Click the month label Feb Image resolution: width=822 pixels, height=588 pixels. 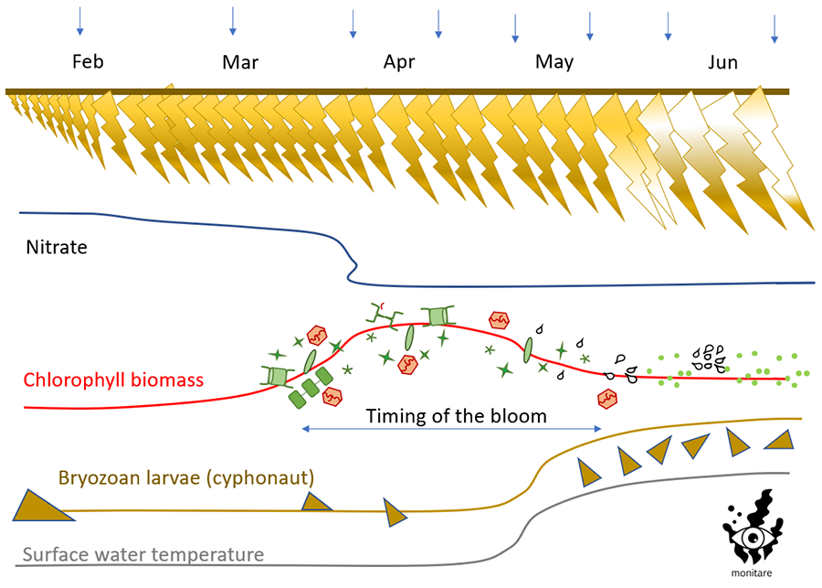pos(88,62)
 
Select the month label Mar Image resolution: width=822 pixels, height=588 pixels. pos(241,62)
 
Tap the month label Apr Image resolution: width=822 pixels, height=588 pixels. pos(399,62)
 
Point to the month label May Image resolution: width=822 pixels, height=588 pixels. pos(554,62)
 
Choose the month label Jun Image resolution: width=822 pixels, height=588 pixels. pos(722,62)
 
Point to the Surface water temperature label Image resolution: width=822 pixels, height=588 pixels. pos(143,554)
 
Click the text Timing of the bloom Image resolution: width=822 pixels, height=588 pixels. pos(456,416)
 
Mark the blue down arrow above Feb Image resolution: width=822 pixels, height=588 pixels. pos(80,21)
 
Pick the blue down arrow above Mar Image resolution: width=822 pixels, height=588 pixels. pos(233,21)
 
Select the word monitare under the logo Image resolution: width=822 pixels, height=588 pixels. pos(750,573)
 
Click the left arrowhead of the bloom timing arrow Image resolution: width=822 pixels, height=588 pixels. pos(305,429)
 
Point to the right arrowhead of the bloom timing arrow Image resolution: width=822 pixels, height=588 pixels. pos(599,429)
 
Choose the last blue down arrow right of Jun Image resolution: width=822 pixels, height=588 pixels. pos(775,28)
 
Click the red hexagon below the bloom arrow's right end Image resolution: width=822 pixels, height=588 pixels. pos(606,399)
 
